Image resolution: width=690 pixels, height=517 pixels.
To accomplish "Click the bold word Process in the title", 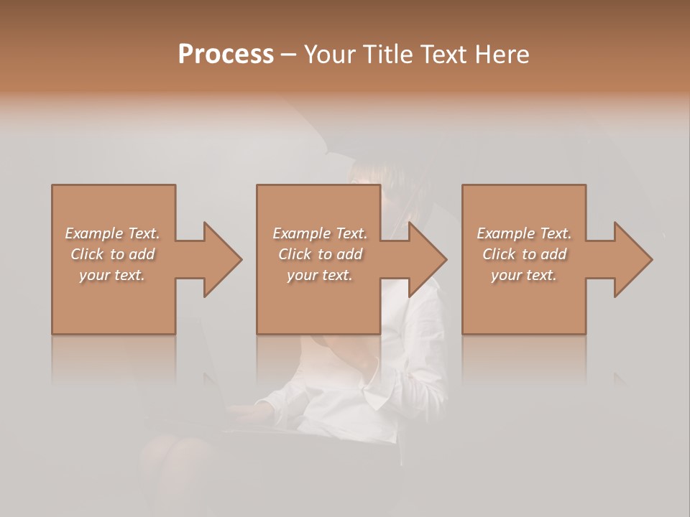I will pyautogui.click(x=226, y=55).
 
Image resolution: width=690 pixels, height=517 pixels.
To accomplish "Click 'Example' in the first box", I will pyautogui.click(x=94, y=233).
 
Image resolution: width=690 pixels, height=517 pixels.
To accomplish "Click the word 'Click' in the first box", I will pyautogui.click(x=88, y=254).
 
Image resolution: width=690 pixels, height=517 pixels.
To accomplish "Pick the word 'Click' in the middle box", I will pyautogui.click(x=295, y=254).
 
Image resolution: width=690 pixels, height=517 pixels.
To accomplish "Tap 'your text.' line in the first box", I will pyautogui.click(x=112, y=275).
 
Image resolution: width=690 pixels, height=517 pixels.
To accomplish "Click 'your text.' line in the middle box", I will pyautogui.click(x=320, y=275).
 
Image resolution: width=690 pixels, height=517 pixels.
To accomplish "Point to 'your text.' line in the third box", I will pyautogui.click(x=524, y=275).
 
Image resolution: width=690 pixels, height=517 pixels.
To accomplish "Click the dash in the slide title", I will pyautogui.click(x=288, y=55).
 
